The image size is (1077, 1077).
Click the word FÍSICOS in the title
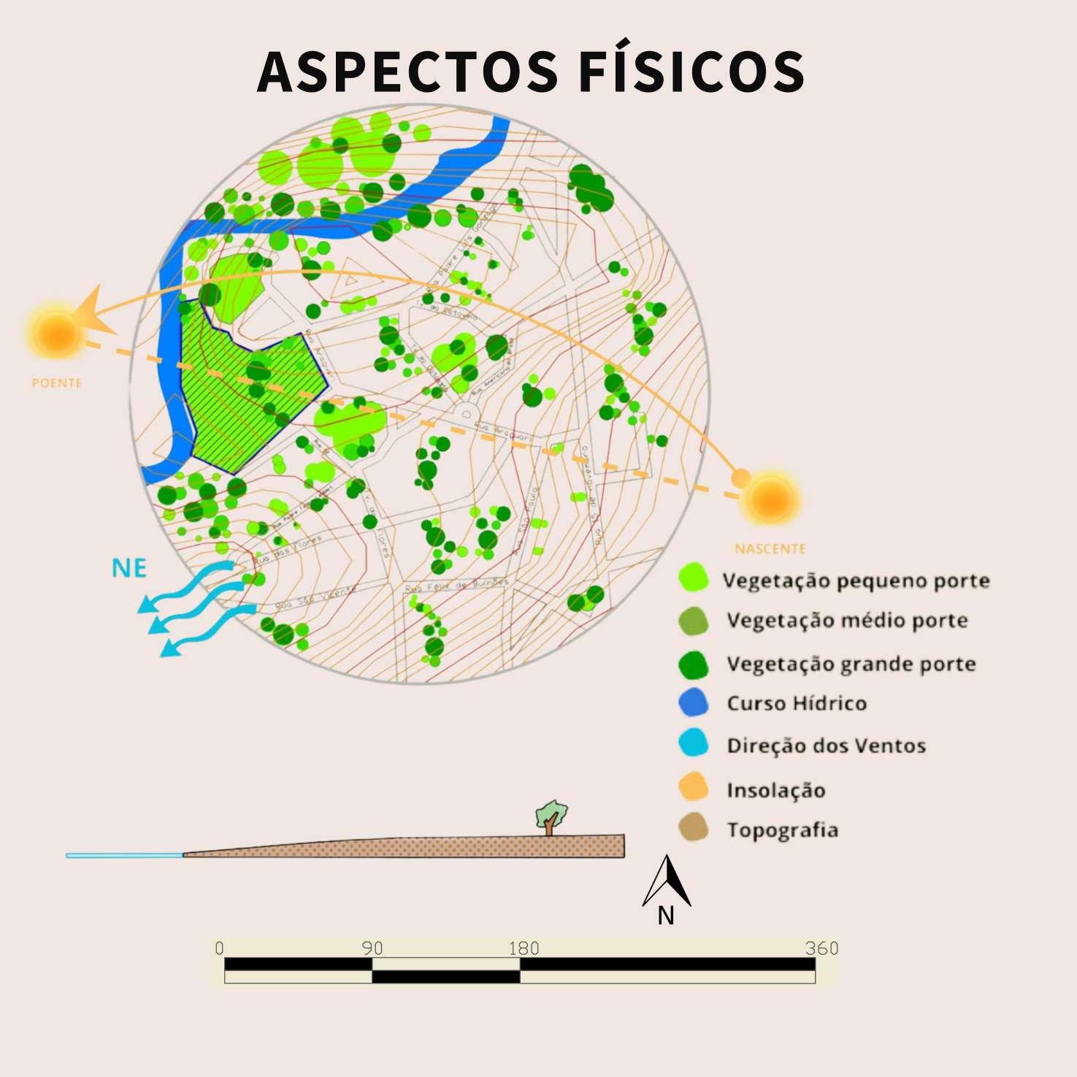[x=691, y=71]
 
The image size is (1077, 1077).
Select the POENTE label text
[x=56, y=383]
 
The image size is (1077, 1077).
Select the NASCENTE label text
[x=770, y=548]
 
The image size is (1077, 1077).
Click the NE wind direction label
[x=129, y=568]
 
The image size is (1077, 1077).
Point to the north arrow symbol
[x=667, y=882]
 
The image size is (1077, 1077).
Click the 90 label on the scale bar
[x=372, y=948]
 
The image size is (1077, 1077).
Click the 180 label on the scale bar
[x=524, y=948]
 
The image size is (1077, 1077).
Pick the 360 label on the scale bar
[x=821, y=948]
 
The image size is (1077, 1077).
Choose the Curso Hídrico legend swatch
[x=694, y=702]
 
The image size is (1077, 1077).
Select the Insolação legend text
[x=775, y=790]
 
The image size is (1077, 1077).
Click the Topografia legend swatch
[x=694, y=829]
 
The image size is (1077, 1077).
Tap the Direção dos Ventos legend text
[x=826, y=746]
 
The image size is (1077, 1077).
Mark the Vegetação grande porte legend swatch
[x=694, y=664]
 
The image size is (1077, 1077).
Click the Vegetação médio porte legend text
[x=847, y=621]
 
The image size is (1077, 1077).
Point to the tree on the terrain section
[x=551, y=817]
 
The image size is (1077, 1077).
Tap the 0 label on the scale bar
[x=220, y=948]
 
